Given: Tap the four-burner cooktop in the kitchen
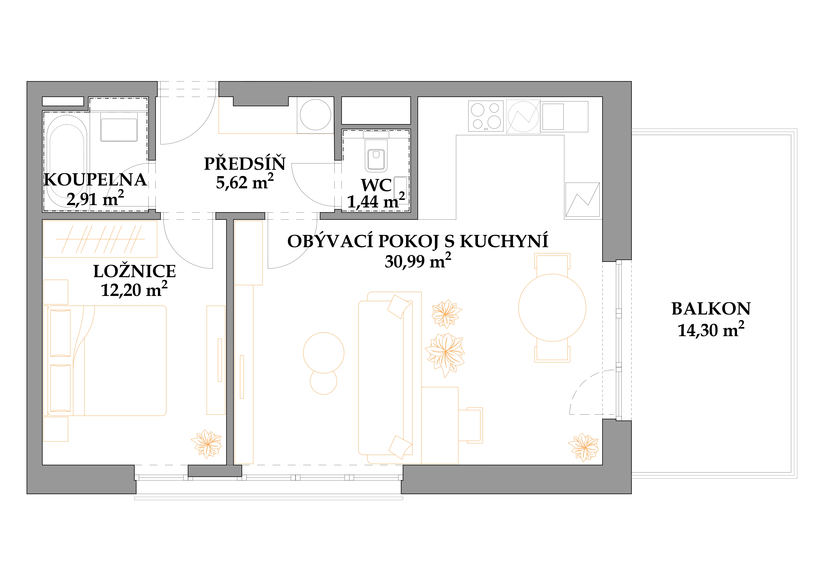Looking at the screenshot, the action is (486, 116).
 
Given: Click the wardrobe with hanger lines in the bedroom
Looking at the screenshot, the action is (100, 239).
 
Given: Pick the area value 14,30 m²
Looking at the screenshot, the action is (711, 330).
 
